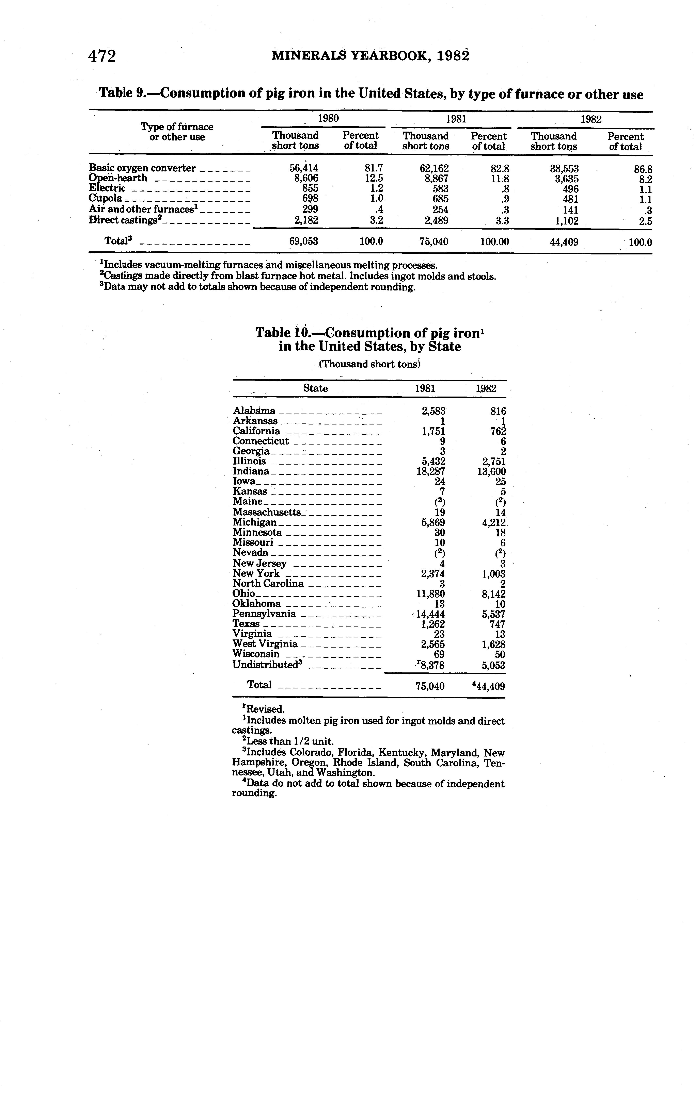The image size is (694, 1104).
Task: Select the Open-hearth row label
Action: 118,178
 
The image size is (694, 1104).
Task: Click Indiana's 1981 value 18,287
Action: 430,471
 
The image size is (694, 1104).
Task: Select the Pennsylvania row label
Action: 264,614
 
